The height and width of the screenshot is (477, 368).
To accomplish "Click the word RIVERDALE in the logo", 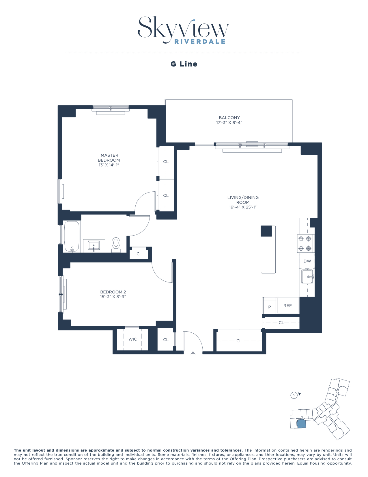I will pyautogui.click(x=200, y=42).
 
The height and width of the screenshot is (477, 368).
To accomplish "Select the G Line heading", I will pyautogui.click(x=184, y=64).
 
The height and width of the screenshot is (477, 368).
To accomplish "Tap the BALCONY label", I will pyautogui.click(x=229, y=118).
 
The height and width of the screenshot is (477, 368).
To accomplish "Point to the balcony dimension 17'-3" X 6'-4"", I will pyautogui.click(x=229, y=123).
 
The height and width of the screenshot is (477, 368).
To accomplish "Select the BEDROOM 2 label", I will pyautogui.click(x=113, y=292).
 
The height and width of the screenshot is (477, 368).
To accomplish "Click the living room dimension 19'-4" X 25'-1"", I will pyautogui.click(x=243, y=207).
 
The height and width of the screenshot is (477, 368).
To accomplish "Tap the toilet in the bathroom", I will pyautogui.click(x=116, y=244).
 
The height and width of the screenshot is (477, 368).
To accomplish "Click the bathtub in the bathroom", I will pyautogui.click(x=72, y=236).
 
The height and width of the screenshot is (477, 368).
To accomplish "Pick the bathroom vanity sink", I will pyautogui.click(x=94, y=246).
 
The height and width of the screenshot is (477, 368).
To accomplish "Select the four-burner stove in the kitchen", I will pyautogui.click(x=305, y=243).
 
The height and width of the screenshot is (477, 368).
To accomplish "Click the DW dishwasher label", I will pyautogui.click(x=307, y=261).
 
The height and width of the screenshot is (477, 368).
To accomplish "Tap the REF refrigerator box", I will pyautogui.click(x=288, y=306).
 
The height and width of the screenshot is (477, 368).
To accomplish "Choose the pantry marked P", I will pyautogui.click(x=269, y=307).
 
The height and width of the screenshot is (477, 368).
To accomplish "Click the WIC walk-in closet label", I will pyautogui.click(x=132, y=339).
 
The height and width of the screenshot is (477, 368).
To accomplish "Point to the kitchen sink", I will pyautogui.click(x=307, y=277).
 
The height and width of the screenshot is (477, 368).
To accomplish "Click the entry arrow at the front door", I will pyautogui.click(x=193, y=353).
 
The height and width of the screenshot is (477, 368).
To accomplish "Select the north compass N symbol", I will pyautogui.click(x=294, y=395).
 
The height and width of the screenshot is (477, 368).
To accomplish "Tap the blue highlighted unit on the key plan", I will pyautogui.click(x=301, y=424).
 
